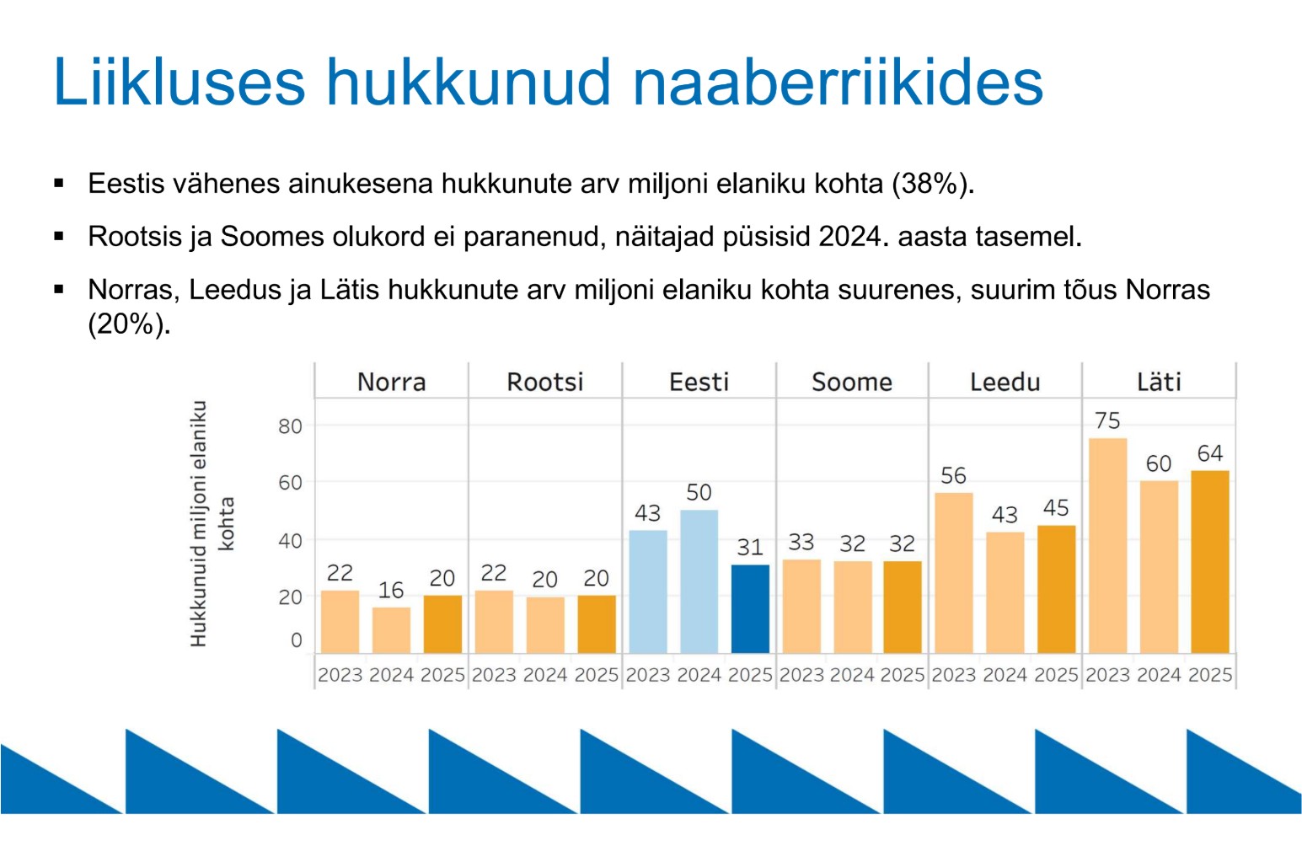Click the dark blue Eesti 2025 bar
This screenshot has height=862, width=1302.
coord(750,608)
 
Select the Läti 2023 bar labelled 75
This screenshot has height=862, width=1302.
coord(1107,545)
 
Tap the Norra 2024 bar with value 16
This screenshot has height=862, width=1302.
coord(391,629)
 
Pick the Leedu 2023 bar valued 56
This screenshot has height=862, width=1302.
coord(953,572)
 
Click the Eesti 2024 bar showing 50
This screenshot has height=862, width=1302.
coord(699,581)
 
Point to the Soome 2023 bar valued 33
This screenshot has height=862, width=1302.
coord(801,606)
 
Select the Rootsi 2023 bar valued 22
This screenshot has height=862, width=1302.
coord(494,621)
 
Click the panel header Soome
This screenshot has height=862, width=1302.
coord(851,382)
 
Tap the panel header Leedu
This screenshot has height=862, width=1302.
coord(1005,382)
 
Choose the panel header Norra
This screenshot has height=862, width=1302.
coord(391,382)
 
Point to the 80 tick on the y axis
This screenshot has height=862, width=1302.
coord(290,426)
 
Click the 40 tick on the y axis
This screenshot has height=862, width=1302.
coord(290,540)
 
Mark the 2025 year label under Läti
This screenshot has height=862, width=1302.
coord(1209,675)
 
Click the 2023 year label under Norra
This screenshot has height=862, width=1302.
coord(340,675)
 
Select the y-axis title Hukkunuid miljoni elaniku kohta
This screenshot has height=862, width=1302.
coord(211,523)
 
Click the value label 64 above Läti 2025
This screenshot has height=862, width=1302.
coord(1209,453)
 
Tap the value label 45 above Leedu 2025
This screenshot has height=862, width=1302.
coord(1055,508)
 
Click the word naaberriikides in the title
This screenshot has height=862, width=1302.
coord(838,82)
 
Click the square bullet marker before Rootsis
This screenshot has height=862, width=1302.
coord(59,236)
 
